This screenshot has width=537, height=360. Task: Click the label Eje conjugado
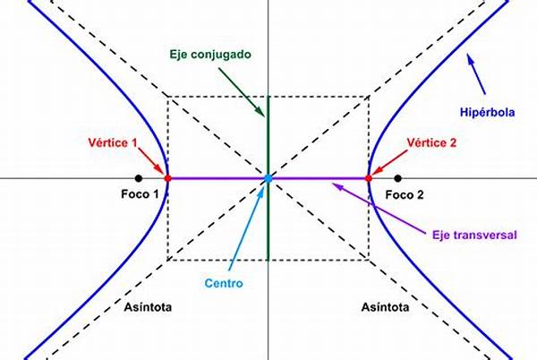coord(210,55)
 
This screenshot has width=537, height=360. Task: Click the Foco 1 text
coord(139,194)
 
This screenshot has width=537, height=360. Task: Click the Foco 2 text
coord(405,194)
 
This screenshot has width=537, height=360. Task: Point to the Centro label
coord(222,284)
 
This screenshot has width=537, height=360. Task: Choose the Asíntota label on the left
coord(149,307)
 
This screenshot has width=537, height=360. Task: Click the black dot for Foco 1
coord(138,178)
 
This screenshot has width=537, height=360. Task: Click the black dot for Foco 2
coord(397,178)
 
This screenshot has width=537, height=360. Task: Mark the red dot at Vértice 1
coord(167,178)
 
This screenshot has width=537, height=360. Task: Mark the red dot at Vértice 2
coord(368,178)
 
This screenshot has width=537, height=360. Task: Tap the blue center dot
coord(268,179)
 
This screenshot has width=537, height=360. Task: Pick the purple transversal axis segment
coord(215,178)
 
